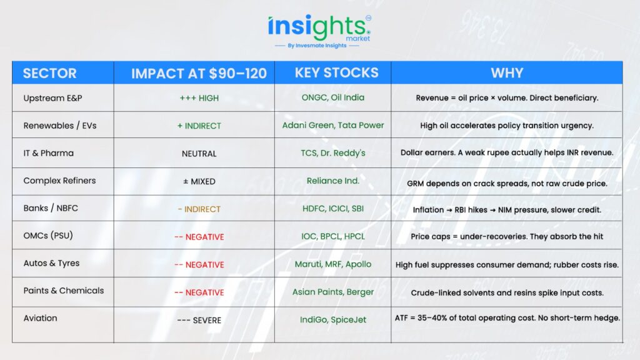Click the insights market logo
(319, 31)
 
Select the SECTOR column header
(50, 74)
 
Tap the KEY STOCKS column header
(337, 72)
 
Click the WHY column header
(507, 73)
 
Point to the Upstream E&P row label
(52, 98)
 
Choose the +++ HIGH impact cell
(199, 98)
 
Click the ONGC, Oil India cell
(333, 97)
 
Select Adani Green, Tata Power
(333, 125)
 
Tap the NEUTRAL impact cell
(199, 154)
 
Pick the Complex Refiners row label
(59, 181)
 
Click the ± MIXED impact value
(199, 182)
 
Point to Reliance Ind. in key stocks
(333, 181)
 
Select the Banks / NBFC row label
(51, 208)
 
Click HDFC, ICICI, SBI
(333, 209)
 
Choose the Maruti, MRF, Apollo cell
(333, 264)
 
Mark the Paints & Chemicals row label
(64, 291)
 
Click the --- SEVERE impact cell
(199, 321)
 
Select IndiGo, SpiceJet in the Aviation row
(333, 320)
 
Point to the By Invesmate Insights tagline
(317, 46)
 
